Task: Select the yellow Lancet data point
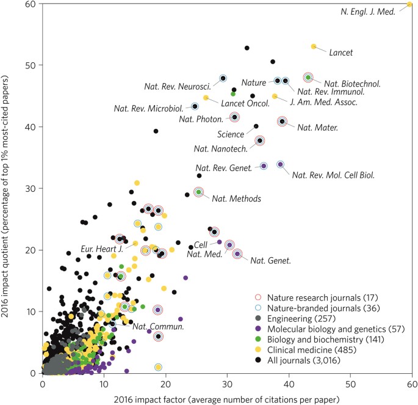(314, 46)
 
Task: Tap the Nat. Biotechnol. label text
(353, 83)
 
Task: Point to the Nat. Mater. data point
(282, 122)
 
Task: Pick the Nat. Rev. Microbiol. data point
(195, 106)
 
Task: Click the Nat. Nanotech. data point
(259, 140)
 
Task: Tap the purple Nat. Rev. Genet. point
(264, 166)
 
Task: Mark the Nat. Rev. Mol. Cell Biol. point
(281, 164)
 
